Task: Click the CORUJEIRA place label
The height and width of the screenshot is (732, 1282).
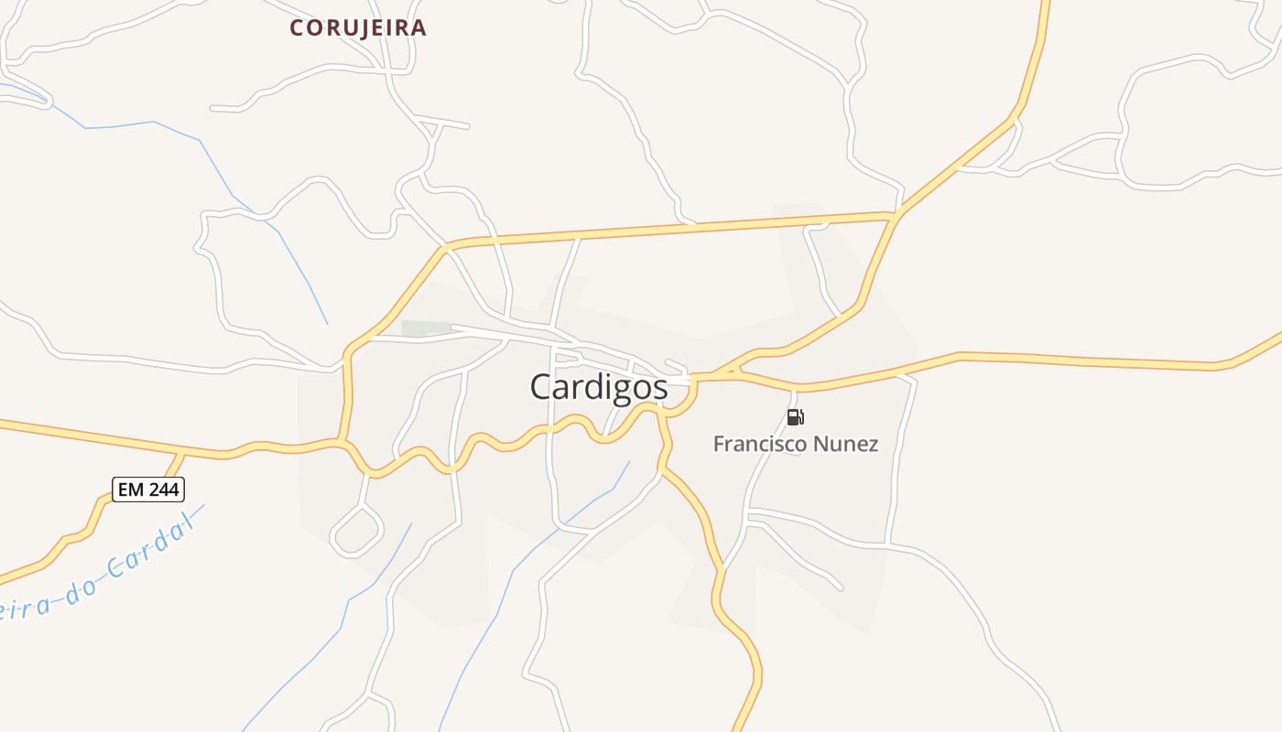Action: [358, 28]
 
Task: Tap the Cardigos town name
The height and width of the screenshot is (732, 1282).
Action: [599, 387]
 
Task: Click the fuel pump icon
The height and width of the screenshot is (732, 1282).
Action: [795, 417]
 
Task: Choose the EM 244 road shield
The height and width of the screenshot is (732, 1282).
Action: [148, 490]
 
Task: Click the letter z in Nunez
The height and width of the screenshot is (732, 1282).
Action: [872, 445]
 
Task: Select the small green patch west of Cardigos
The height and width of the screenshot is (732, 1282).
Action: [425, 328]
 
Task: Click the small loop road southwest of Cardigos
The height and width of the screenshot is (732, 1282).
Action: [356, 531]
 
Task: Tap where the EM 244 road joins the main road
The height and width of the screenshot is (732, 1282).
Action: [183, 454]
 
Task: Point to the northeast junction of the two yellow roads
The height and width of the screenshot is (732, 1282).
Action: [896, 215]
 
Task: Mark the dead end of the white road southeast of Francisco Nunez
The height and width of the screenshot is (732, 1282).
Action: [841, 587]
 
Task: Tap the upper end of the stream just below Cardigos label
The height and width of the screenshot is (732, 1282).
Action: [629, 461]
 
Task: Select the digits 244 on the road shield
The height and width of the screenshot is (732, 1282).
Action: [163, 490]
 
